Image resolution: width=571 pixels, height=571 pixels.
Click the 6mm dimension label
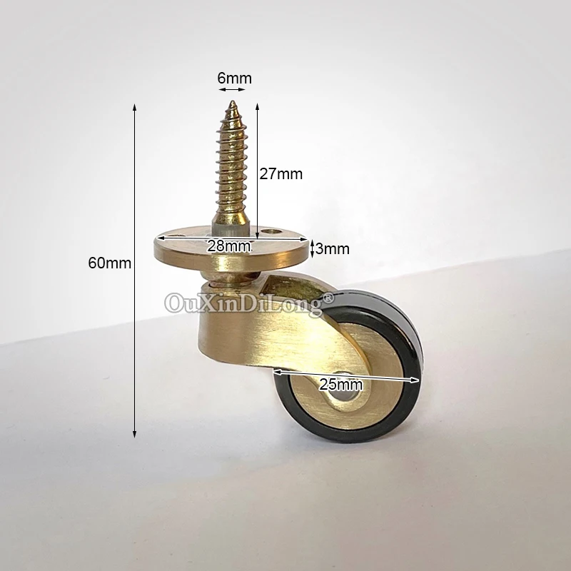235,79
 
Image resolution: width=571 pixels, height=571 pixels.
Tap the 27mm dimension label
281,174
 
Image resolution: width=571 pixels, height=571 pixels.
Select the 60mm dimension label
110,263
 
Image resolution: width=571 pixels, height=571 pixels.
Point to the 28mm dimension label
228,246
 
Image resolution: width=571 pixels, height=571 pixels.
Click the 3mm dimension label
333,248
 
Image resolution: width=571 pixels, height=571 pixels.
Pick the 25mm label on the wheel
341,385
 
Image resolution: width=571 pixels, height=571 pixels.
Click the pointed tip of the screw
232,102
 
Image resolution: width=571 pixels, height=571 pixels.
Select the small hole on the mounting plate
271,231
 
